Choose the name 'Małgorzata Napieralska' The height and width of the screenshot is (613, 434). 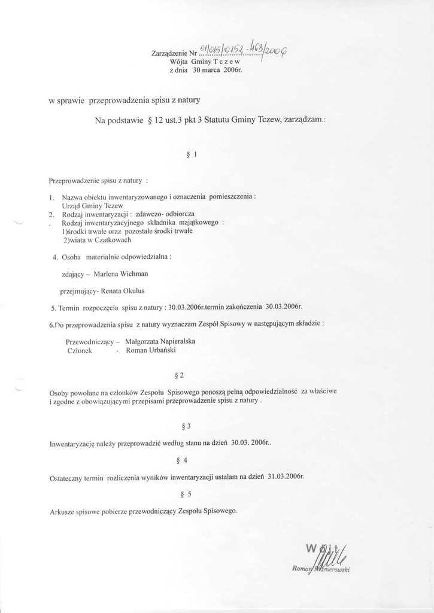160,341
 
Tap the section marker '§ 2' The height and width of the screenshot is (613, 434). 178,375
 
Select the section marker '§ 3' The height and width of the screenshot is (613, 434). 186,426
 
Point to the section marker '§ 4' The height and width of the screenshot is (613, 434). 183,460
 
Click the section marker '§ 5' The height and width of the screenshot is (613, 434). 186,494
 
